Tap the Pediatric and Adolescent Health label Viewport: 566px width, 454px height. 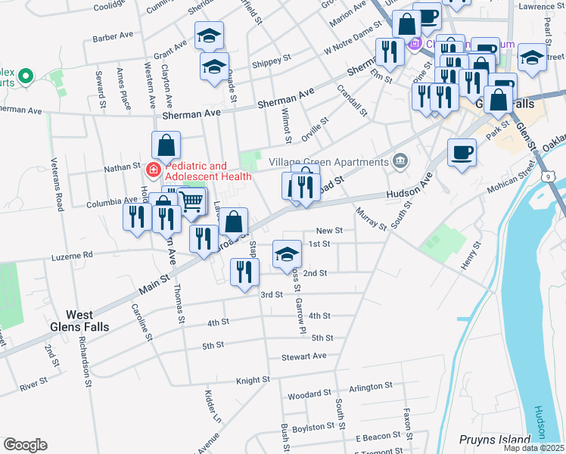208,171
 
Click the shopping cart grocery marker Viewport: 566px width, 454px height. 192,201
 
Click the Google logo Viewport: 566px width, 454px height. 25,445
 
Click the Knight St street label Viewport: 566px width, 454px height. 253,380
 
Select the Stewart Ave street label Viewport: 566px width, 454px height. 303,356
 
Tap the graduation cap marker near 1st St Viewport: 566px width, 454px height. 286,254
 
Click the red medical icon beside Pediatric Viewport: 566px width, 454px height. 154,170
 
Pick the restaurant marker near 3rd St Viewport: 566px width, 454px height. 244,272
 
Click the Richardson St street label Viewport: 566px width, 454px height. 84,366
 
